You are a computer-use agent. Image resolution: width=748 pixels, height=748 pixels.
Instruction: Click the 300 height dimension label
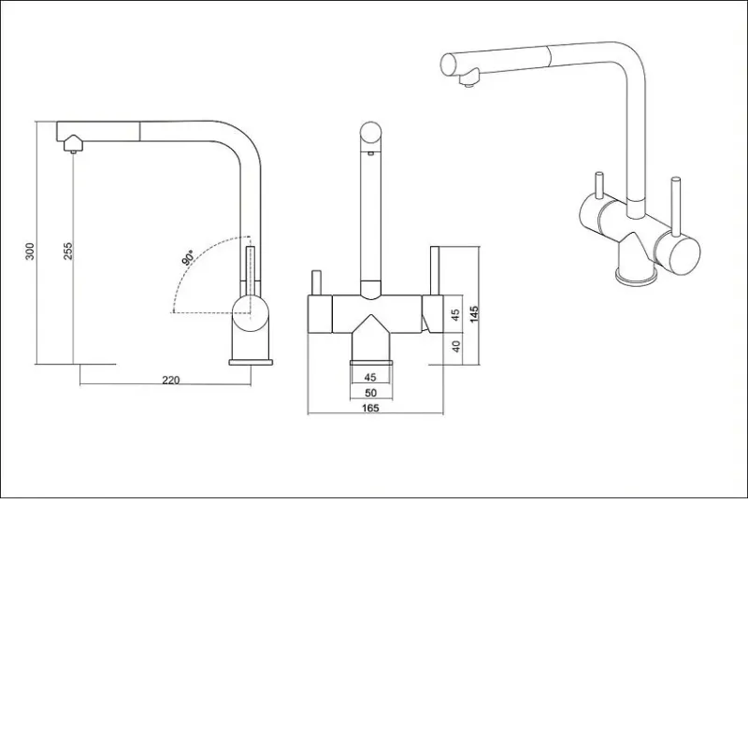(30, 251)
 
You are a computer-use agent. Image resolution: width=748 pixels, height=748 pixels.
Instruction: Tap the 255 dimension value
(68, 251)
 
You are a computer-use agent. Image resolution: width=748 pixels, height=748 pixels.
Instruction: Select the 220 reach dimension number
(171, 381)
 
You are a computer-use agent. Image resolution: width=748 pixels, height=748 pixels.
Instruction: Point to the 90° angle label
(188, 258)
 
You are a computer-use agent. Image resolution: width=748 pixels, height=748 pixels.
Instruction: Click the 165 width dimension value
(370, 408)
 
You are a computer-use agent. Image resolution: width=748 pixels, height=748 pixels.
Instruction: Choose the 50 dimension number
(370, 393)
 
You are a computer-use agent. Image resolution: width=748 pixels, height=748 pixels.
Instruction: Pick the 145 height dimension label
(474, 314)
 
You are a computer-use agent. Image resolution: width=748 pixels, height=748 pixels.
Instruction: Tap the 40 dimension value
(456, 346)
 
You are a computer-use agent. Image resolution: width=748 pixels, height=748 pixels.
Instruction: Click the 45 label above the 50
(370, 377)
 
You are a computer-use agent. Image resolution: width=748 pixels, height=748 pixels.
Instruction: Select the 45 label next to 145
(455, 315)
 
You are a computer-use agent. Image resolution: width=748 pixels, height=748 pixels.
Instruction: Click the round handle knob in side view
(251, 313)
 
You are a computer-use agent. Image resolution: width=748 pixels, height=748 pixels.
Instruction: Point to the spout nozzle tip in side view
(73, 151)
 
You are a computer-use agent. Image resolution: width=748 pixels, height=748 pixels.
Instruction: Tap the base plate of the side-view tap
(251, 362)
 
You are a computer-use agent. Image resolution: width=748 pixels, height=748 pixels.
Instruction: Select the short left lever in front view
(317, 283)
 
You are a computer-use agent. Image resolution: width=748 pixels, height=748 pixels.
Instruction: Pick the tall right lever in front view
(435, 271)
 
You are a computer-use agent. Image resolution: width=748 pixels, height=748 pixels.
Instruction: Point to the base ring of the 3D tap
(637, 277)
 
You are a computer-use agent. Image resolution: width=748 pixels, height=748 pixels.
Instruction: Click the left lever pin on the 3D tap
(598, 184)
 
